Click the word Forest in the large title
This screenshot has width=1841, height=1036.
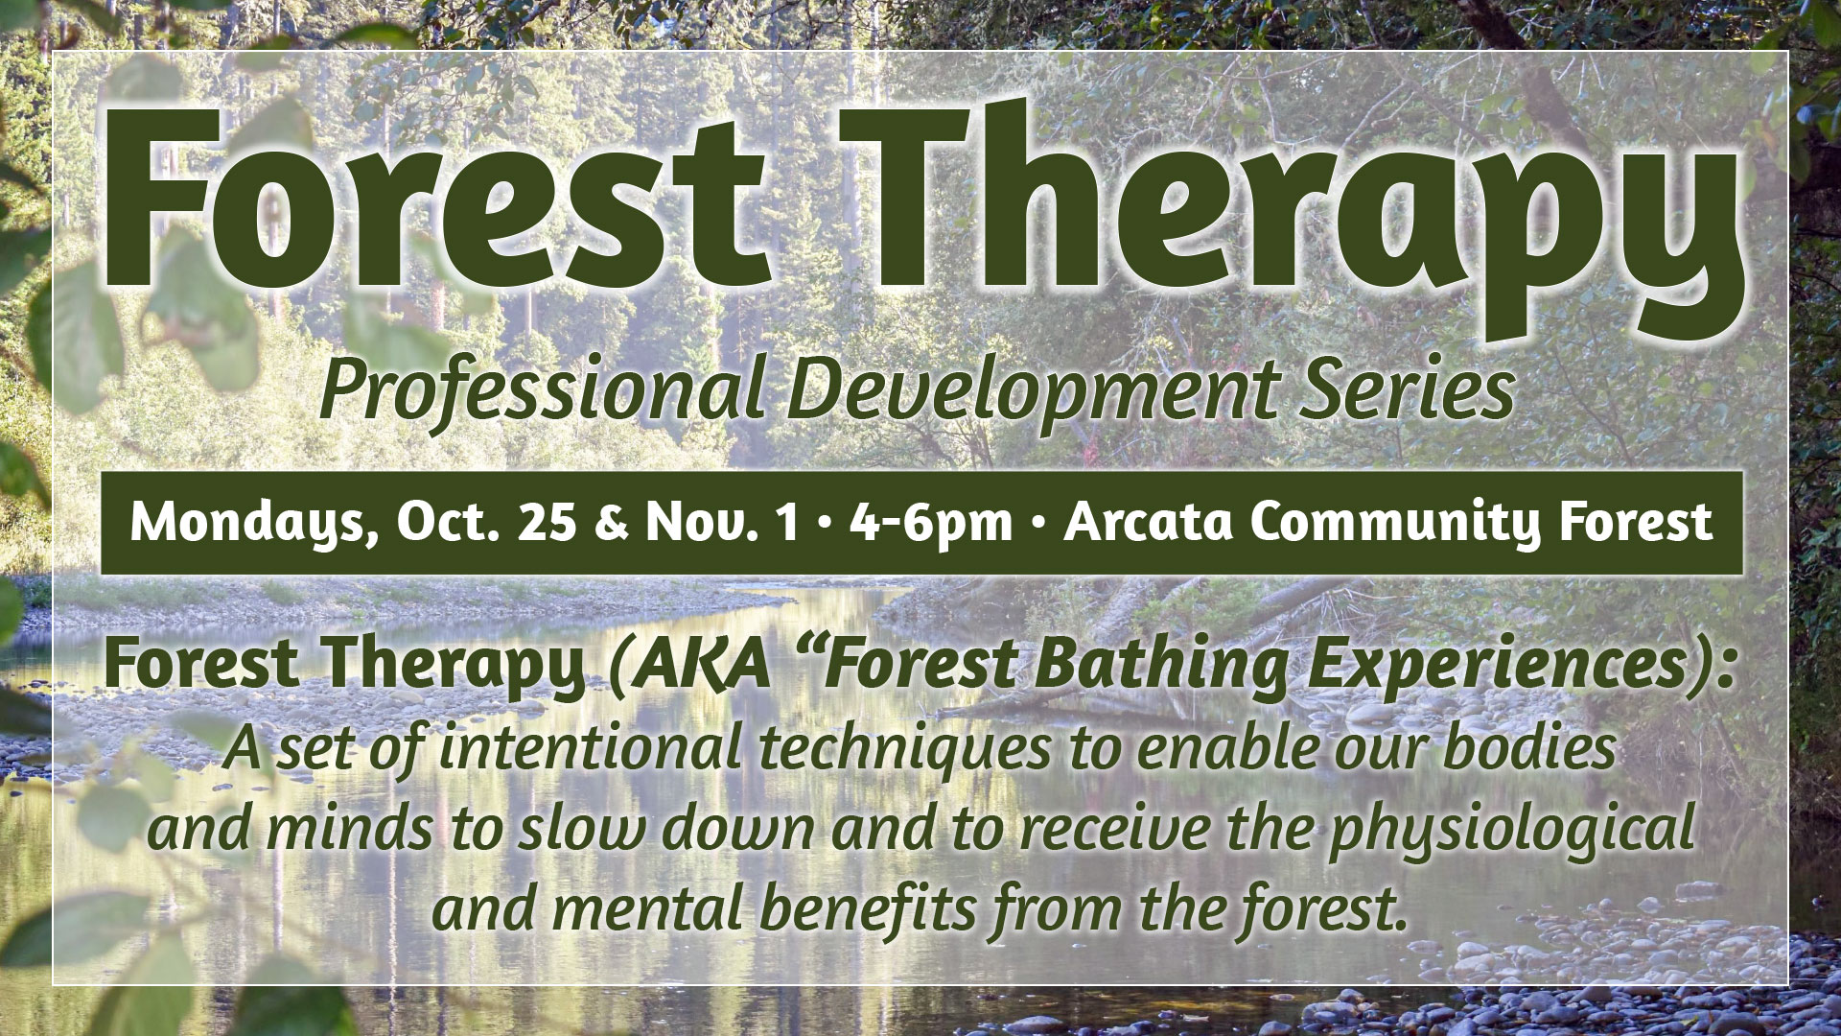click(x=435, y=192)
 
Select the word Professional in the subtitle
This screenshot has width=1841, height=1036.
click(x=542, y=389)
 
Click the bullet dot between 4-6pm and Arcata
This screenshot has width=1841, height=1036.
click(x=1038, y=525)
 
